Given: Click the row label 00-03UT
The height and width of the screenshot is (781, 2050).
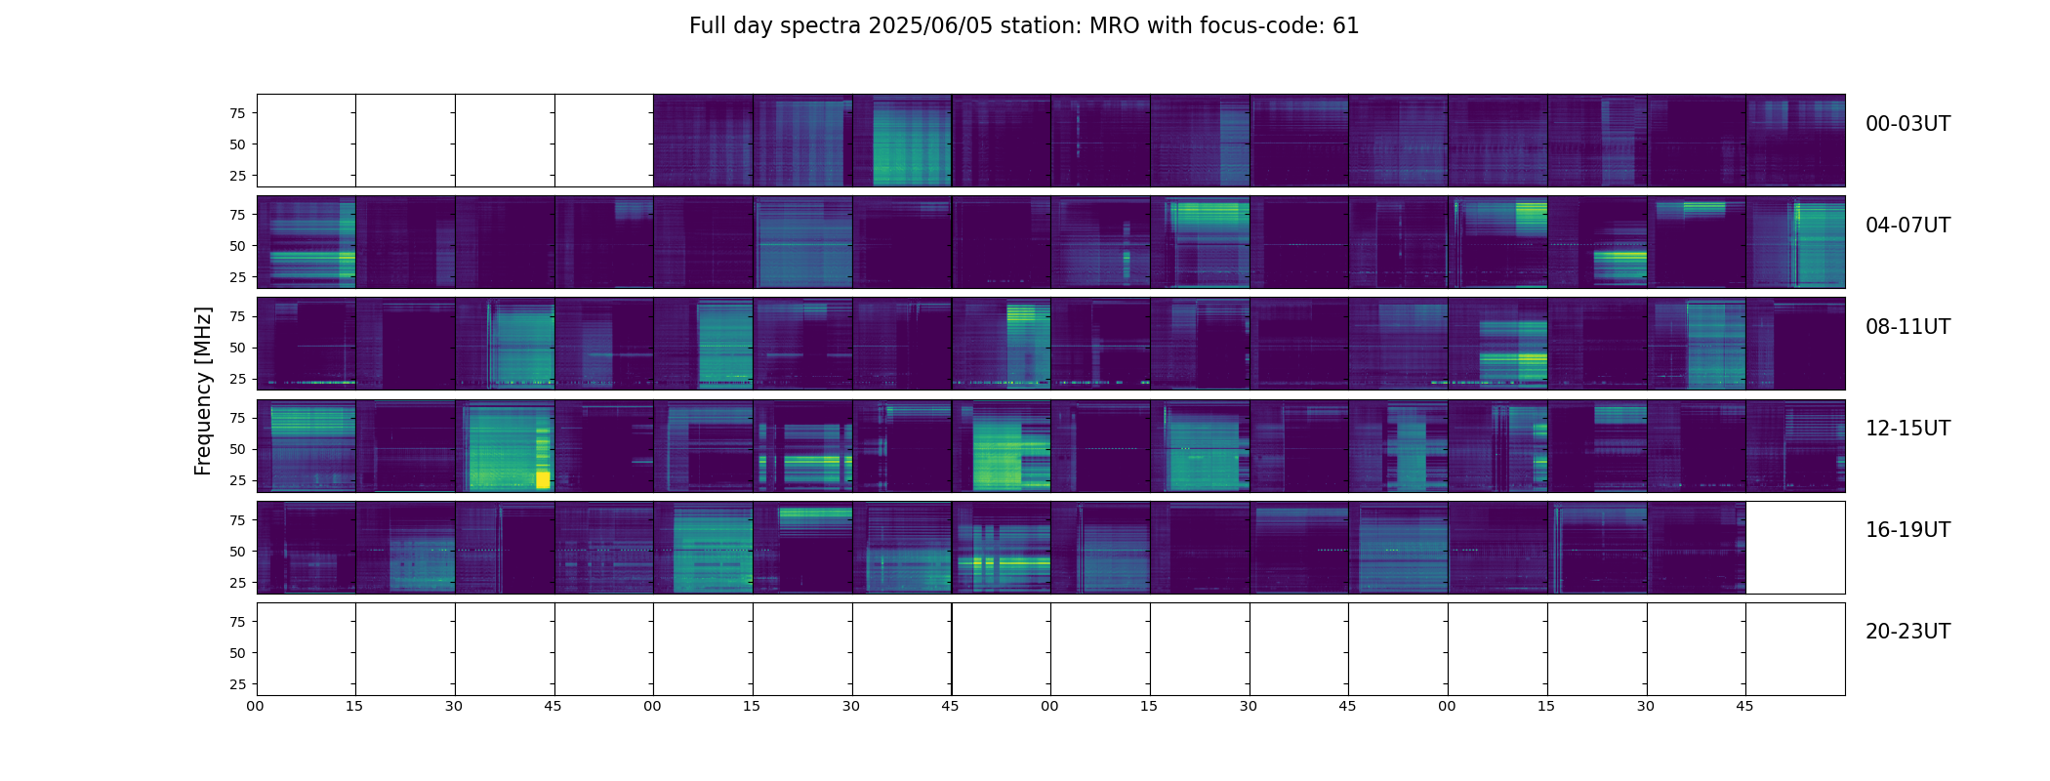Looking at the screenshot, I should pyautogui.click(x=1907, y=124).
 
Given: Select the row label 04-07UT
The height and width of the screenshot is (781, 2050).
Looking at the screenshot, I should pyautogui.click(x=1907, y=226).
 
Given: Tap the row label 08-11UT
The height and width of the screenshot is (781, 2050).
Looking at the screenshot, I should pyautogui.click(x=1907, y=327).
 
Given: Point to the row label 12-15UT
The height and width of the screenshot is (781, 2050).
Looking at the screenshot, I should pyautogui.click(x=1907, y=429).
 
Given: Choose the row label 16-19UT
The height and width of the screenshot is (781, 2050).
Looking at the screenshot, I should pyautogui.click(x=1907, y=530).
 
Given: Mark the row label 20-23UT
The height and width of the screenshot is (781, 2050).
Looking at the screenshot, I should pyautogui.click(x=1907, y=632).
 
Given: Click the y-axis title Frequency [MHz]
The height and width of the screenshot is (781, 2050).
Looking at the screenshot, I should pyautogui.click(x=203, y=390).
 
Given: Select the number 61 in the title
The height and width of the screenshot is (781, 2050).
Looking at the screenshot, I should pyautogui.click(x=1345, y=26).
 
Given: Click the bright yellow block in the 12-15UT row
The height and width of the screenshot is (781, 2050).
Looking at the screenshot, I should pyautogui.click(x=543, y=479).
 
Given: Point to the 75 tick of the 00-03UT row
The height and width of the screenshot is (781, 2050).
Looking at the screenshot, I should pyautogui.click(x=237, y=113).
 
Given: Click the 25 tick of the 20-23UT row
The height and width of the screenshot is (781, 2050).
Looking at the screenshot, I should pyautogui.click(x=237, y=684).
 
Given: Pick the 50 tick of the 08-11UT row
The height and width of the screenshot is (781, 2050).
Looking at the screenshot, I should pyautogui.click(x=237, y=348).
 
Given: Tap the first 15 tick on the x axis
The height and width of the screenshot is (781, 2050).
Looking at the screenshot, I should pyautogui.click(x=354, y=706).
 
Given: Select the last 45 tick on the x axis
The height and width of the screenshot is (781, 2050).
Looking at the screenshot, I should pyautogui.click(x=1744, y=706).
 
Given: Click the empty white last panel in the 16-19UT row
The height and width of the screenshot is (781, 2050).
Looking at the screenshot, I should pyautogui.click(x=1795, y=548).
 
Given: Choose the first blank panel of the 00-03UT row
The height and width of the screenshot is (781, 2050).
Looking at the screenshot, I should pyautogui.click(x=307, y=141).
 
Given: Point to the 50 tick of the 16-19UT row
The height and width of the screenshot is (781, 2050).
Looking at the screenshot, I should pyautogui.click(x=237, y=552).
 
